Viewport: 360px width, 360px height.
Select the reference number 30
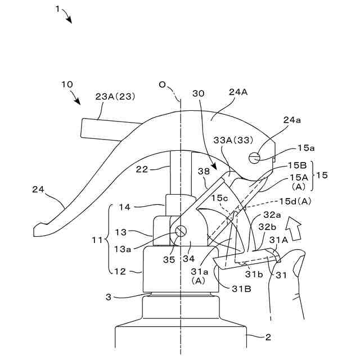[199, 94]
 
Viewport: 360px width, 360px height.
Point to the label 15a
[306, 148]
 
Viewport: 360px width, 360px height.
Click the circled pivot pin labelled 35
[181, 231]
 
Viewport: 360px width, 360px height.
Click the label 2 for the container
[268, 337]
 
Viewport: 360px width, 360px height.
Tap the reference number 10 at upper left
[66, 84]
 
